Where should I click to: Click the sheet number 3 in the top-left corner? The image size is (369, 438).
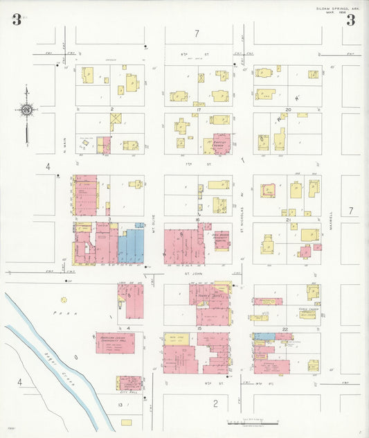pos(16,19)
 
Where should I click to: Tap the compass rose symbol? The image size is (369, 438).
pos(26,109)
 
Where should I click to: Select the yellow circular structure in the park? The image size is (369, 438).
pos(64,300)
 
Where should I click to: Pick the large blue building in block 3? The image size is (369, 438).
pos(131,246)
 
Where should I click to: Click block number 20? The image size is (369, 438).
pos(288,109)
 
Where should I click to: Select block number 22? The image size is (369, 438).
pos(285,328)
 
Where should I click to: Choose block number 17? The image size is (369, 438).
pos(199,109)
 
